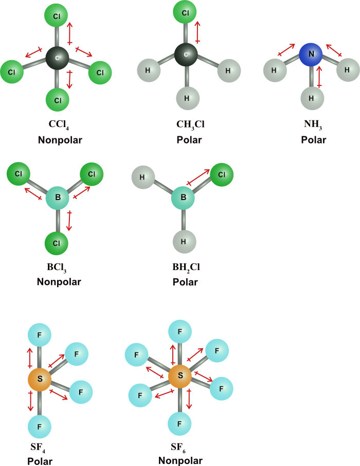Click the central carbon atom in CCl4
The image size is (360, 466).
click(x=58, y=58)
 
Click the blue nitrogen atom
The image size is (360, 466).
click(x=311, y=53)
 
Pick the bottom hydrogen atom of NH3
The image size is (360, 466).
click(x=311, y=97)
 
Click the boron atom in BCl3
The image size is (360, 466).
click(x=58, y=198)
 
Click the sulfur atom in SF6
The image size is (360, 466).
click(x=180, y=376)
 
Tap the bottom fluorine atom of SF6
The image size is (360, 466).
click(x=180, y=425)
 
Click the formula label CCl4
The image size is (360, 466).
click(x=58, y=125)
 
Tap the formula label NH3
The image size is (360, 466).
click(x=311, y=125)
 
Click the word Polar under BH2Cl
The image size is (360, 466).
click(x=185, y=282)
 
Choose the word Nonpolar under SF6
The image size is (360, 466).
click(x=180, y=460)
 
